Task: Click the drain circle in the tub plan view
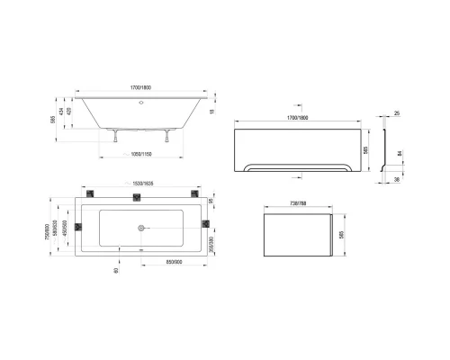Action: [x=139, y=227]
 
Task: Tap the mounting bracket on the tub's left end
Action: [x=78, y=225]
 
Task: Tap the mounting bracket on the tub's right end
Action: [x=205, y=224]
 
